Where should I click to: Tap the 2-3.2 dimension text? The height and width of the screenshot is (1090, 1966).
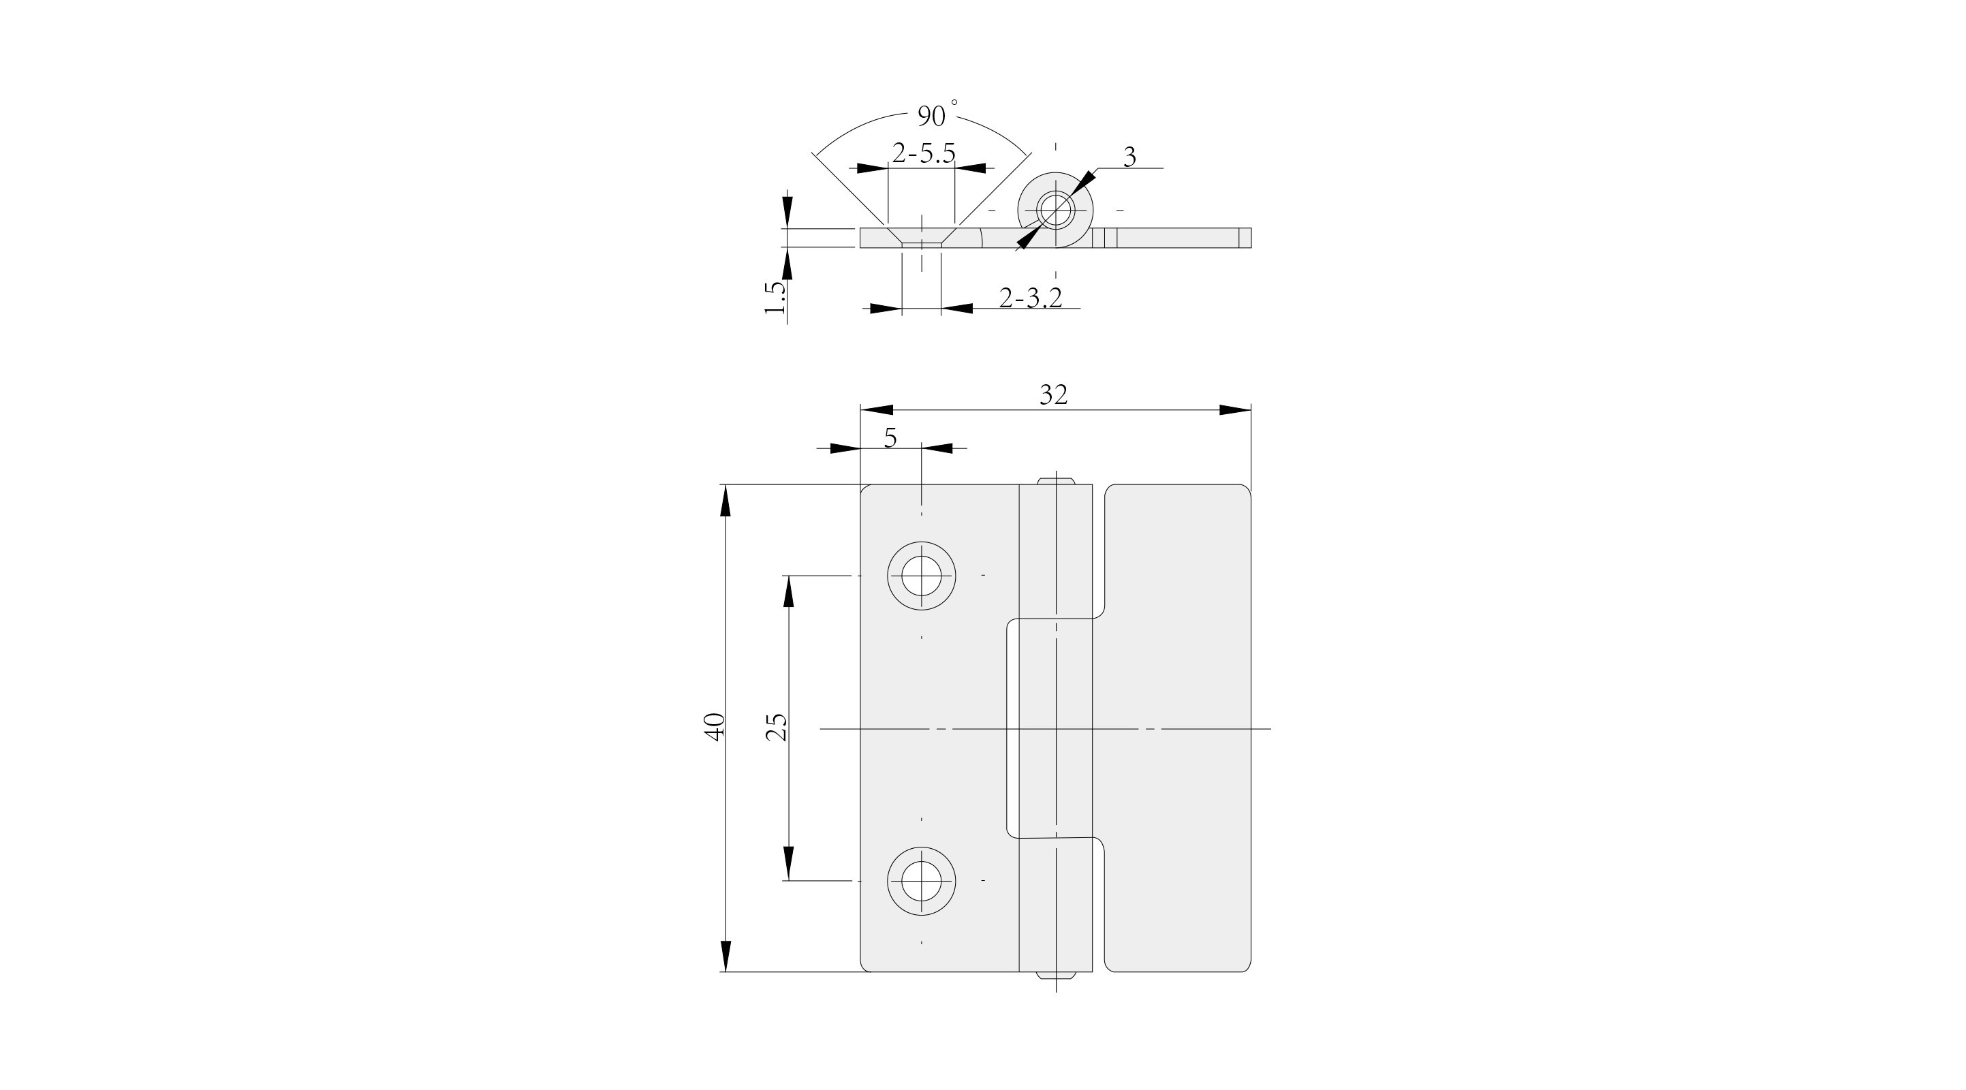tap(1030, 298)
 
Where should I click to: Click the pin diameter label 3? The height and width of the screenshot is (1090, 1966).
tap(1129, 157)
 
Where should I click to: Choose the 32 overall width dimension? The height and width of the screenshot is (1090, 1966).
tap(1053, 394)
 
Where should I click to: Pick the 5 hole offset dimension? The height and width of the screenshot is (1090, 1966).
tap(890, 438)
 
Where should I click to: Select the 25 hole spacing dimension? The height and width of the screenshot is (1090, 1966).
tap(776, 727)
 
